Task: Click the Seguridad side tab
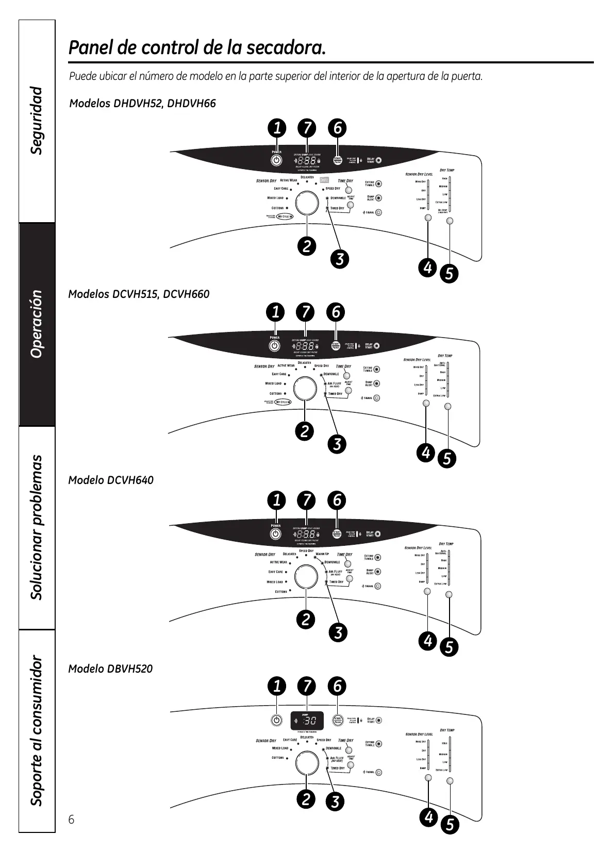pyautogui.click(x=37, y=121)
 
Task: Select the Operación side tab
pyautogui.click(x=37, y=324)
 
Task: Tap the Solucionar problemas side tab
pyautogui.click(x=37, y=527)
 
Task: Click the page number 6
pyautogui.click(x=72, y=820)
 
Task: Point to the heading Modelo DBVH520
pyautogui.click(x=110, y=669)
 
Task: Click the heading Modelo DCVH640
pyautogui.click(x=111, y=480)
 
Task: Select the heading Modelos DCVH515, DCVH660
pyautogui.click(x=139, y=294)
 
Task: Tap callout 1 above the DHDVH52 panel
pyautogui.click(x=277, y=127)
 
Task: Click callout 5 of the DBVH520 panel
pyautogui.click(x=450, y=825)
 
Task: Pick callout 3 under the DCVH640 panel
pyautogui.click(x=338, y=632)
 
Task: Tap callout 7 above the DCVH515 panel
pyautogui.click(x=306, y=312)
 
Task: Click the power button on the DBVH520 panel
pyautogui.click(x=277, y=720)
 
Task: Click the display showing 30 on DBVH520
pyautogui.click(x=307, y=720)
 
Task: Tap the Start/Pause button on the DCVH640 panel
pyautogui.click(x=337, y=534)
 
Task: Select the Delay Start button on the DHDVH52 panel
pyautogui.click(x=379, y=160)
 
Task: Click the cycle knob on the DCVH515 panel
pyautogui.click(x=305, y=389)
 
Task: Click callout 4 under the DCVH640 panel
pyautogui.click(x=427, y=641)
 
